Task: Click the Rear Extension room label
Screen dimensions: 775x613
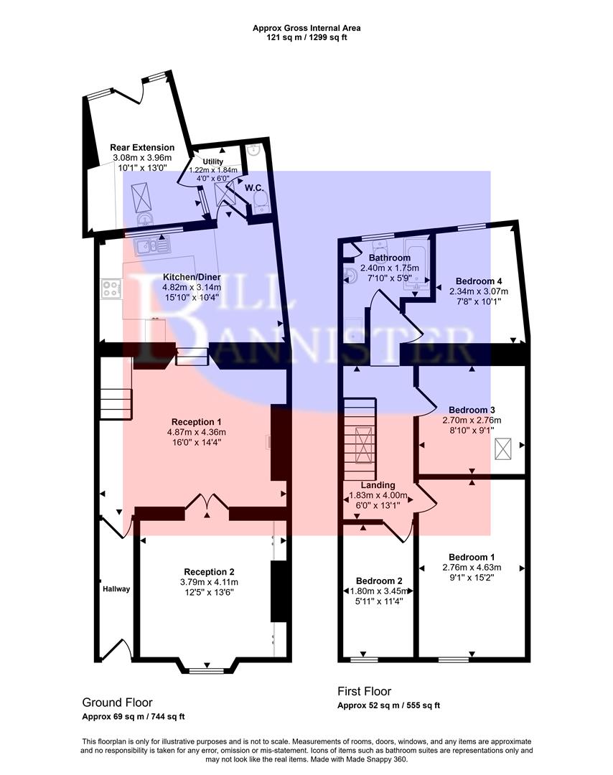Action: coord(142,147)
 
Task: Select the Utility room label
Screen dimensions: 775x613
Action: coord(212,162)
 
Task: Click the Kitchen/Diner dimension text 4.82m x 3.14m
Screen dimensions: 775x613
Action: coord(191,287)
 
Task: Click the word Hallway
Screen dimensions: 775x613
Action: coord(116,589)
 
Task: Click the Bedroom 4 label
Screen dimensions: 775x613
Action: coord(478,281)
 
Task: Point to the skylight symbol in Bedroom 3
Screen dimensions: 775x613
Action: coord(507,448)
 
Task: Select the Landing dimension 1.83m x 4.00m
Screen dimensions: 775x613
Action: coord(378,495)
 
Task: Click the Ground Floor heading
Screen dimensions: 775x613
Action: coord(117,703)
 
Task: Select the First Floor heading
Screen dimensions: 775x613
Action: coord(364,692)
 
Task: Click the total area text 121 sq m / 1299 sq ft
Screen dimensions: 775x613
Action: coord(306,37)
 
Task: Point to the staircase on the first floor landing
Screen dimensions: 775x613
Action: coord(359,441)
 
